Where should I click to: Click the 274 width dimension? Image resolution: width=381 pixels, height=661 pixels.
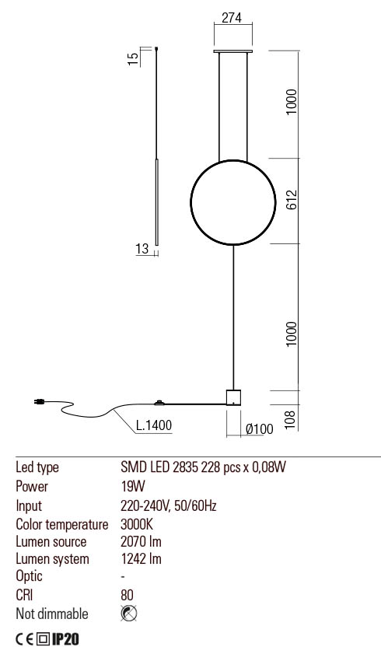pos(231,20)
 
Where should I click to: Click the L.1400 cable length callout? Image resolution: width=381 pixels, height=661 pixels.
pos(153,425)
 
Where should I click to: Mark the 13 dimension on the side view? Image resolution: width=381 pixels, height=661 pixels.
pos(142,249)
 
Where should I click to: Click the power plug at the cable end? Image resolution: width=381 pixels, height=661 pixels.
pos(37,402)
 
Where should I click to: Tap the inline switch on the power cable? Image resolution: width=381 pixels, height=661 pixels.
pos(160,403)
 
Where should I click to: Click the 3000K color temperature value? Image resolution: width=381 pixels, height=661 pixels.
pos(138,524)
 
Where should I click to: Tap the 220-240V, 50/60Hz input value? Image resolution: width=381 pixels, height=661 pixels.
pos(169,505)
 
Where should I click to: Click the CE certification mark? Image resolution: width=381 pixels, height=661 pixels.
pos(25,640)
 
